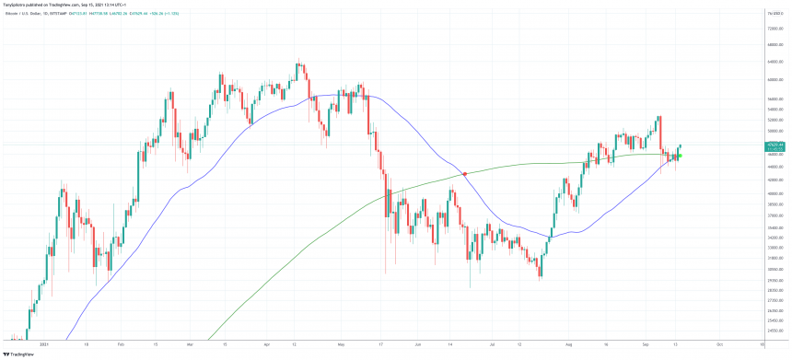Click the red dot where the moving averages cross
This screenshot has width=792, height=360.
(x=464, y=173)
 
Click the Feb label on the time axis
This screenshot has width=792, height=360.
(x=121, y=343)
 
